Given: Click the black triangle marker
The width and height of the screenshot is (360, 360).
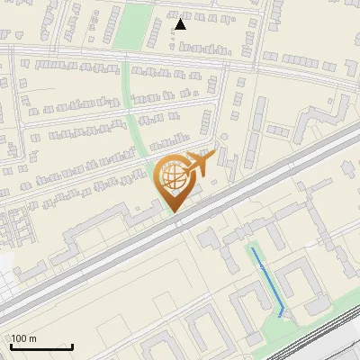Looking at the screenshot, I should [x=181, y=24].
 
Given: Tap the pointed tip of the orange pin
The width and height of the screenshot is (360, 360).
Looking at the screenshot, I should [x=173, y=211].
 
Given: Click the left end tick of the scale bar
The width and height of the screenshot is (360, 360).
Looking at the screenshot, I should [x=10, y=346].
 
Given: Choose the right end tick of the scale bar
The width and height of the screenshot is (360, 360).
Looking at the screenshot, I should [x=72, y=346].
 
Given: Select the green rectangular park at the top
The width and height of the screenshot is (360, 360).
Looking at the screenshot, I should [x=134, y=27].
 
